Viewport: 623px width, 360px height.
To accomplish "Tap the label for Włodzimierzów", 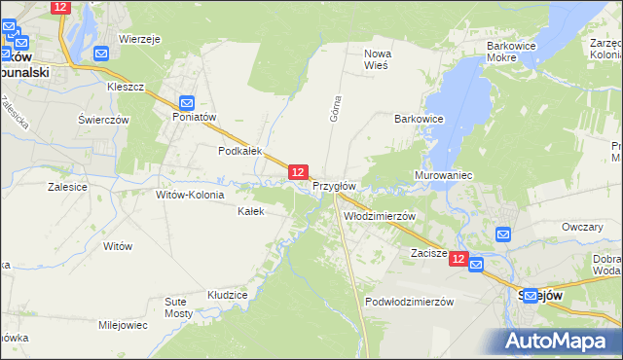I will pos(380,216).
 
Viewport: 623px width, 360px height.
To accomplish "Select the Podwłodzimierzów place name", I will pos(410,302).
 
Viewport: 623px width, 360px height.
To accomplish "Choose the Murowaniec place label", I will pos(443,175).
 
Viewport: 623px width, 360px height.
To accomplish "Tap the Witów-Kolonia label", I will pos(190,195).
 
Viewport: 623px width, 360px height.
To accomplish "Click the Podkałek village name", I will pos(240,151).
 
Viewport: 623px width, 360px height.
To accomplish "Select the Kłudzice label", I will pos(228,294).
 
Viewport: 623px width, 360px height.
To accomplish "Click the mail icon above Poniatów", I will pos(188,102).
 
